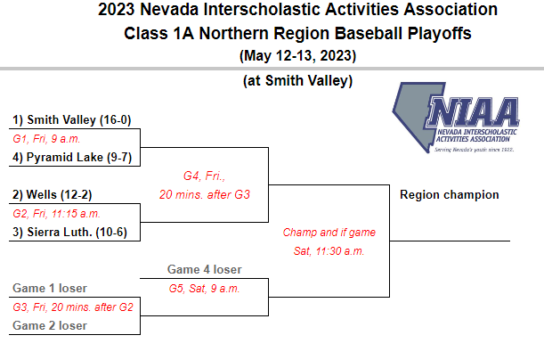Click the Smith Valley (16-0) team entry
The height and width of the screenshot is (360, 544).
tap(72, 119)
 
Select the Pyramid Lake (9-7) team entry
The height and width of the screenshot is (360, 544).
tap(72, 157)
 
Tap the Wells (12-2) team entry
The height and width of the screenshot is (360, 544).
tap(53, 195)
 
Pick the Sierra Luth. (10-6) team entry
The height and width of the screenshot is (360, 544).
tap(69, 232)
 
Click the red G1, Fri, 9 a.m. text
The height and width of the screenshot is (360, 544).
tap(46, 139)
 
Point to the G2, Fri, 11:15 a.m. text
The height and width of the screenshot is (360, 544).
tap(57, 214)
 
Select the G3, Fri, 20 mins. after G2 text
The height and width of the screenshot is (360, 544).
tap(73, 307)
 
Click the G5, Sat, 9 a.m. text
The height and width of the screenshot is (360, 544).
tap(205, 289)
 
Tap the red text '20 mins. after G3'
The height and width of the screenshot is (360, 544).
tap(205, 194)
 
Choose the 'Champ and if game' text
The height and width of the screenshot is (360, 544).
tap(329, 233)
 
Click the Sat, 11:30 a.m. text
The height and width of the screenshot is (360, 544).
tap(329, 250)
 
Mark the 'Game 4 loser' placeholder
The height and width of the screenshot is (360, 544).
tap(205, 269)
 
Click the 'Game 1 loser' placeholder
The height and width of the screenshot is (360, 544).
tap(50, 288)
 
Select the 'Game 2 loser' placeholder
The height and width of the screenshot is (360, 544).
tap(50, 325)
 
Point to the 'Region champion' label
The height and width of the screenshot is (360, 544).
tap(450, 195)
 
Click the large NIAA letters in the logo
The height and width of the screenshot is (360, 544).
tap(473, 111)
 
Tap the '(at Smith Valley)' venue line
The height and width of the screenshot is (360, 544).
tap(297, 81)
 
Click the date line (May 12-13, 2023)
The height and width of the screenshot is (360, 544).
tap(297, 55)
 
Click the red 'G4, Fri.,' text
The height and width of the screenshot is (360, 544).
tap(205, 176)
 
